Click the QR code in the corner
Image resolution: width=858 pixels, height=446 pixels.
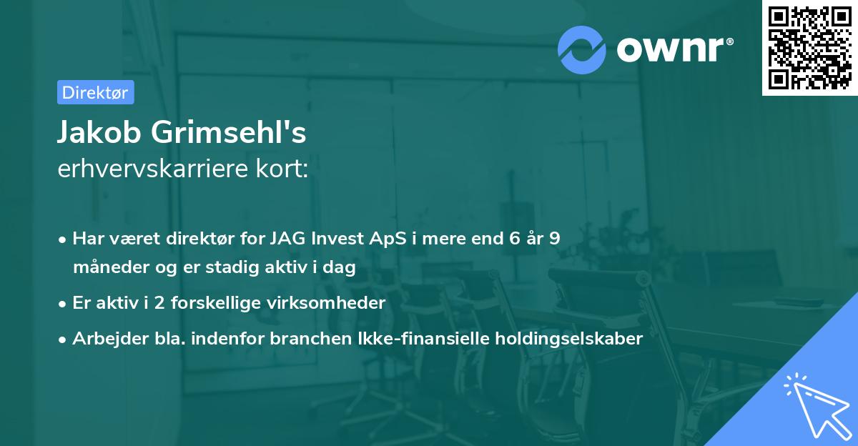pyautogui.click(x=809, y=48)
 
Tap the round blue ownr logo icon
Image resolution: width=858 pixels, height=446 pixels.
pyautogui.click(x=582, y=50)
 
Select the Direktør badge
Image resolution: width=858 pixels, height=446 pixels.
pyautogui.click(x=95, y=92)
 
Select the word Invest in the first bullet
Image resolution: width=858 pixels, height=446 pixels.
pyautogui.click(x=337, y=239)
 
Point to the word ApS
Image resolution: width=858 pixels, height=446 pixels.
pyautogui.click(x=388, y=239)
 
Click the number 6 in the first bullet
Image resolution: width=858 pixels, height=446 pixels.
pyautogui.click(x=515, y=239)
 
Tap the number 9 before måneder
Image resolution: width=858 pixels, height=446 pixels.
pyautogui.click(x=555, y=239)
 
